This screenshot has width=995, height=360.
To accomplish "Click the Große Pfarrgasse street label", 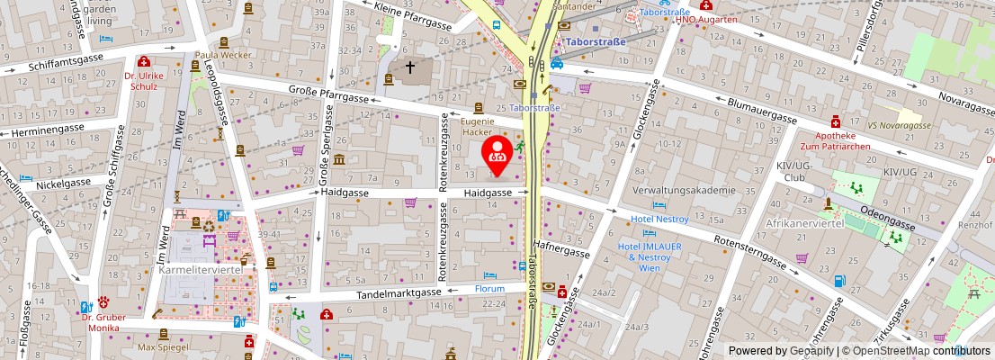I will [x=329, y=99].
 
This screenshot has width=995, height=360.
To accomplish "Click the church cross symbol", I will [x=410, y=67].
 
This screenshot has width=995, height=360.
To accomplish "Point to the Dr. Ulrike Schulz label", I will [x=144, y=81].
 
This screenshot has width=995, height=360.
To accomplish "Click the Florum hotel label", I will [x=490, y=289].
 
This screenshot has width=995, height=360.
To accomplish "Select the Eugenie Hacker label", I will [x=478, y=126].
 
